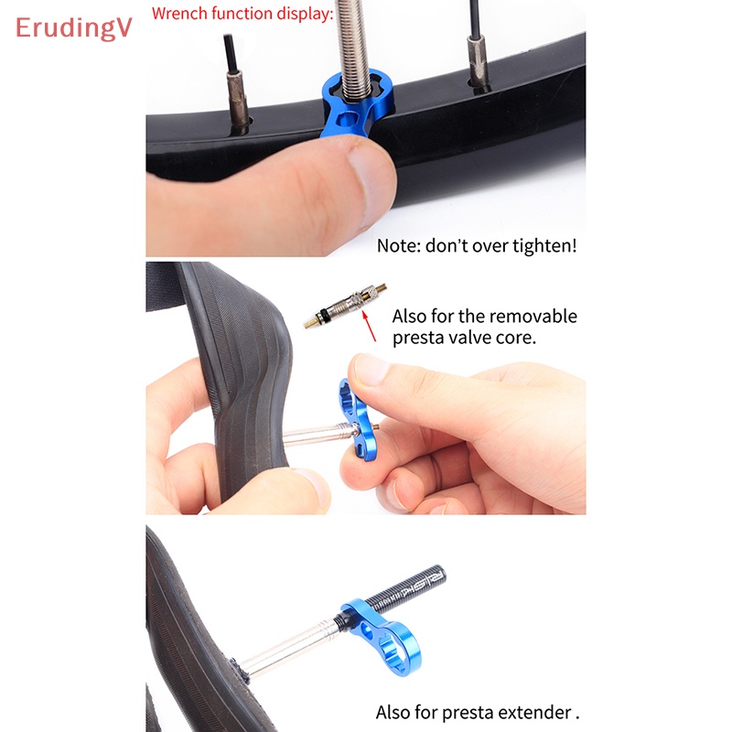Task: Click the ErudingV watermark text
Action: (73, 28)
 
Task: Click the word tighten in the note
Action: (540, 246)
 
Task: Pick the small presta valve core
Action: (344, 306)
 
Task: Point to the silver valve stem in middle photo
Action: (311, 435)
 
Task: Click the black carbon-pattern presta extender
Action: (403, 591)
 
